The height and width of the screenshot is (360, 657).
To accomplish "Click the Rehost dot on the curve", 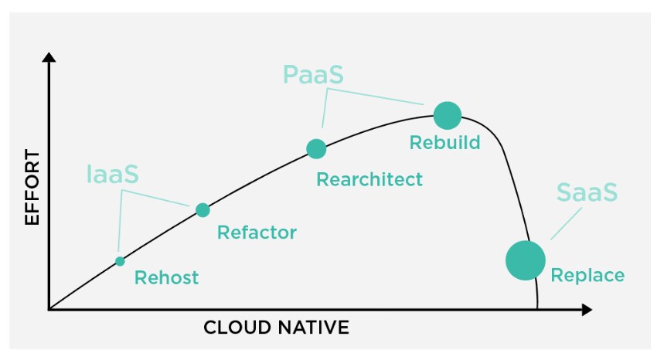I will [x=120, y=261].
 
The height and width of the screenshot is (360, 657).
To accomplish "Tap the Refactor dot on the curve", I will [x=203, y=209].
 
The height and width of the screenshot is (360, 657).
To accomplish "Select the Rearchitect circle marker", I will [x=316, y=149].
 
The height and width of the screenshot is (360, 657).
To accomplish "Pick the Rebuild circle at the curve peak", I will [x=448, y=115].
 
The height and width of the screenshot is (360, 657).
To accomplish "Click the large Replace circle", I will [x=526, y=260].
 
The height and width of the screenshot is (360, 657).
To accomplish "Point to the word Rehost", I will [x=166, y=278].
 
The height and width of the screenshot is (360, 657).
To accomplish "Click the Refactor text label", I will [x=257, y=233].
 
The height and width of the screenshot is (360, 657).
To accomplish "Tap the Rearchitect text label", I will [x=369, y=180].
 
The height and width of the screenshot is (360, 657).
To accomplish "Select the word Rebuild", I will [x=444, y=143].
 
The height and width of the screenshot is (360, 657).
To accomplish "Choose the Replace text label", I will [x=587, y=275].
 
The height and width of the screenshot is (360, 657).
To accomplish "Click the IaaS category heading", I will [x=113, y=175].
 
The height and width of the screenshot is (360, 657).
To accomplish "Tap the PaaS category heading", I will [x=313, y=75].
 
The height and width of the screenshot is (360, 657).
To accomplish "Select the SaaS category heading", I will [x=587, y=192].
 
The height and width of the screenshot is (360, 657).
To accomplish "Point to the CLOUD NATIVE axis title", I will [x=276, y=328].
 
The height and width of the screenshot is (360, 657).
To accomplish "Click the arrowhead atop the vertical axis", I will [x=49, y=58].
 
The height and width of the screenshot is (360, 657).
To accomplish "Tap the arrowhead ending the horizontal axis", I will [x=587, y=310].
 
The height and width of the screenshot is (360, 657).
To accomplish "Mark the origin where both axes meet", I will [x=49, y=310].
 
